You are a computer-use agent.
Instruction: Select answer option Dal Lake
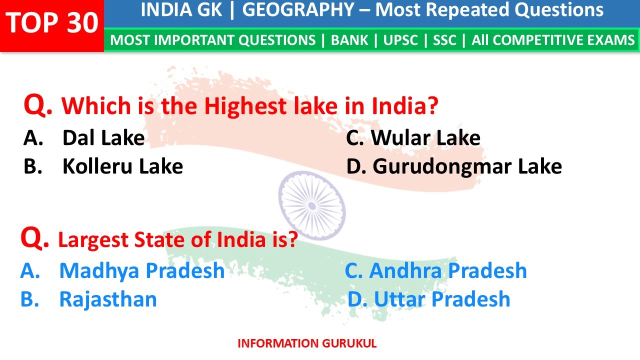pyautogui.click(x=103, y=138)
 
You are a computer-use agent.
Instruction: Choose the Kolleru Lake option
pyautogui.click(x=122, y=166)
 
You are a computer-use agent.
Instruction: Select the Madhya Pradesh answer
pyautogui.click(x=141, y=270)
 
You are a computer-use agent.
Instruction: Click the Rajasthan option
pyautogui.click(x=108, y=299)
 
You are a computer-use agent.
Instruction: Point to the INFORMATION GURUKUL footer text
pyautogui.click(x=307, y=343)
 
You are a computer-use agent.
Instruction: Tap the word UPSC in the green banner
pyautogui.click(x=400, y=40)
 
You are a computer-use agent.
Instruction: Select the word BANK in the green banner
pyautogui.click(x=349, y=40)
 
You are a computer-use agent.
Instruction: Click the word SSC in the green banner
pyautogui.click(x=444, y=40)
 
